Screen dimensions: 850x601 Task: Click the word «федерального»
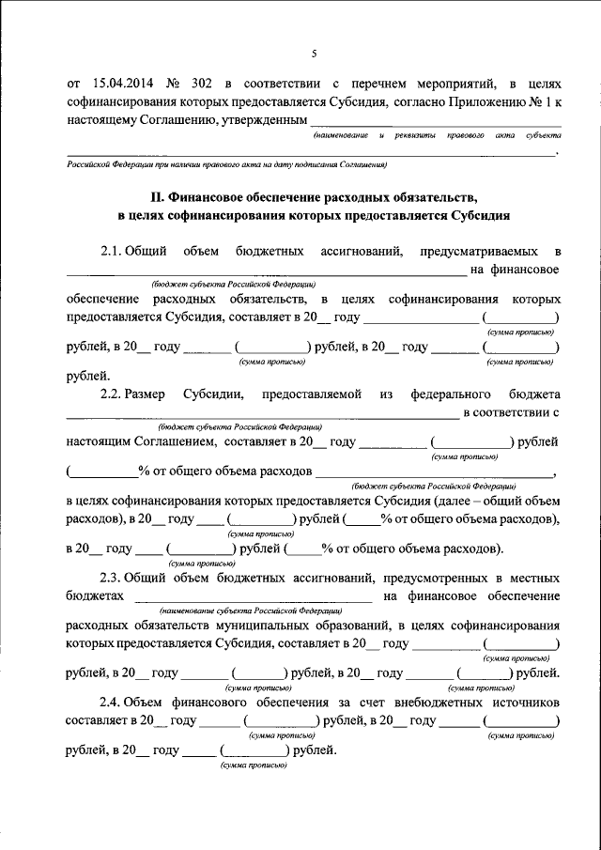(x=451, y=394)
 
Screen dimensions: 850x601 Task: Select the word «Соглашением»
(x=172, y=441)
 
